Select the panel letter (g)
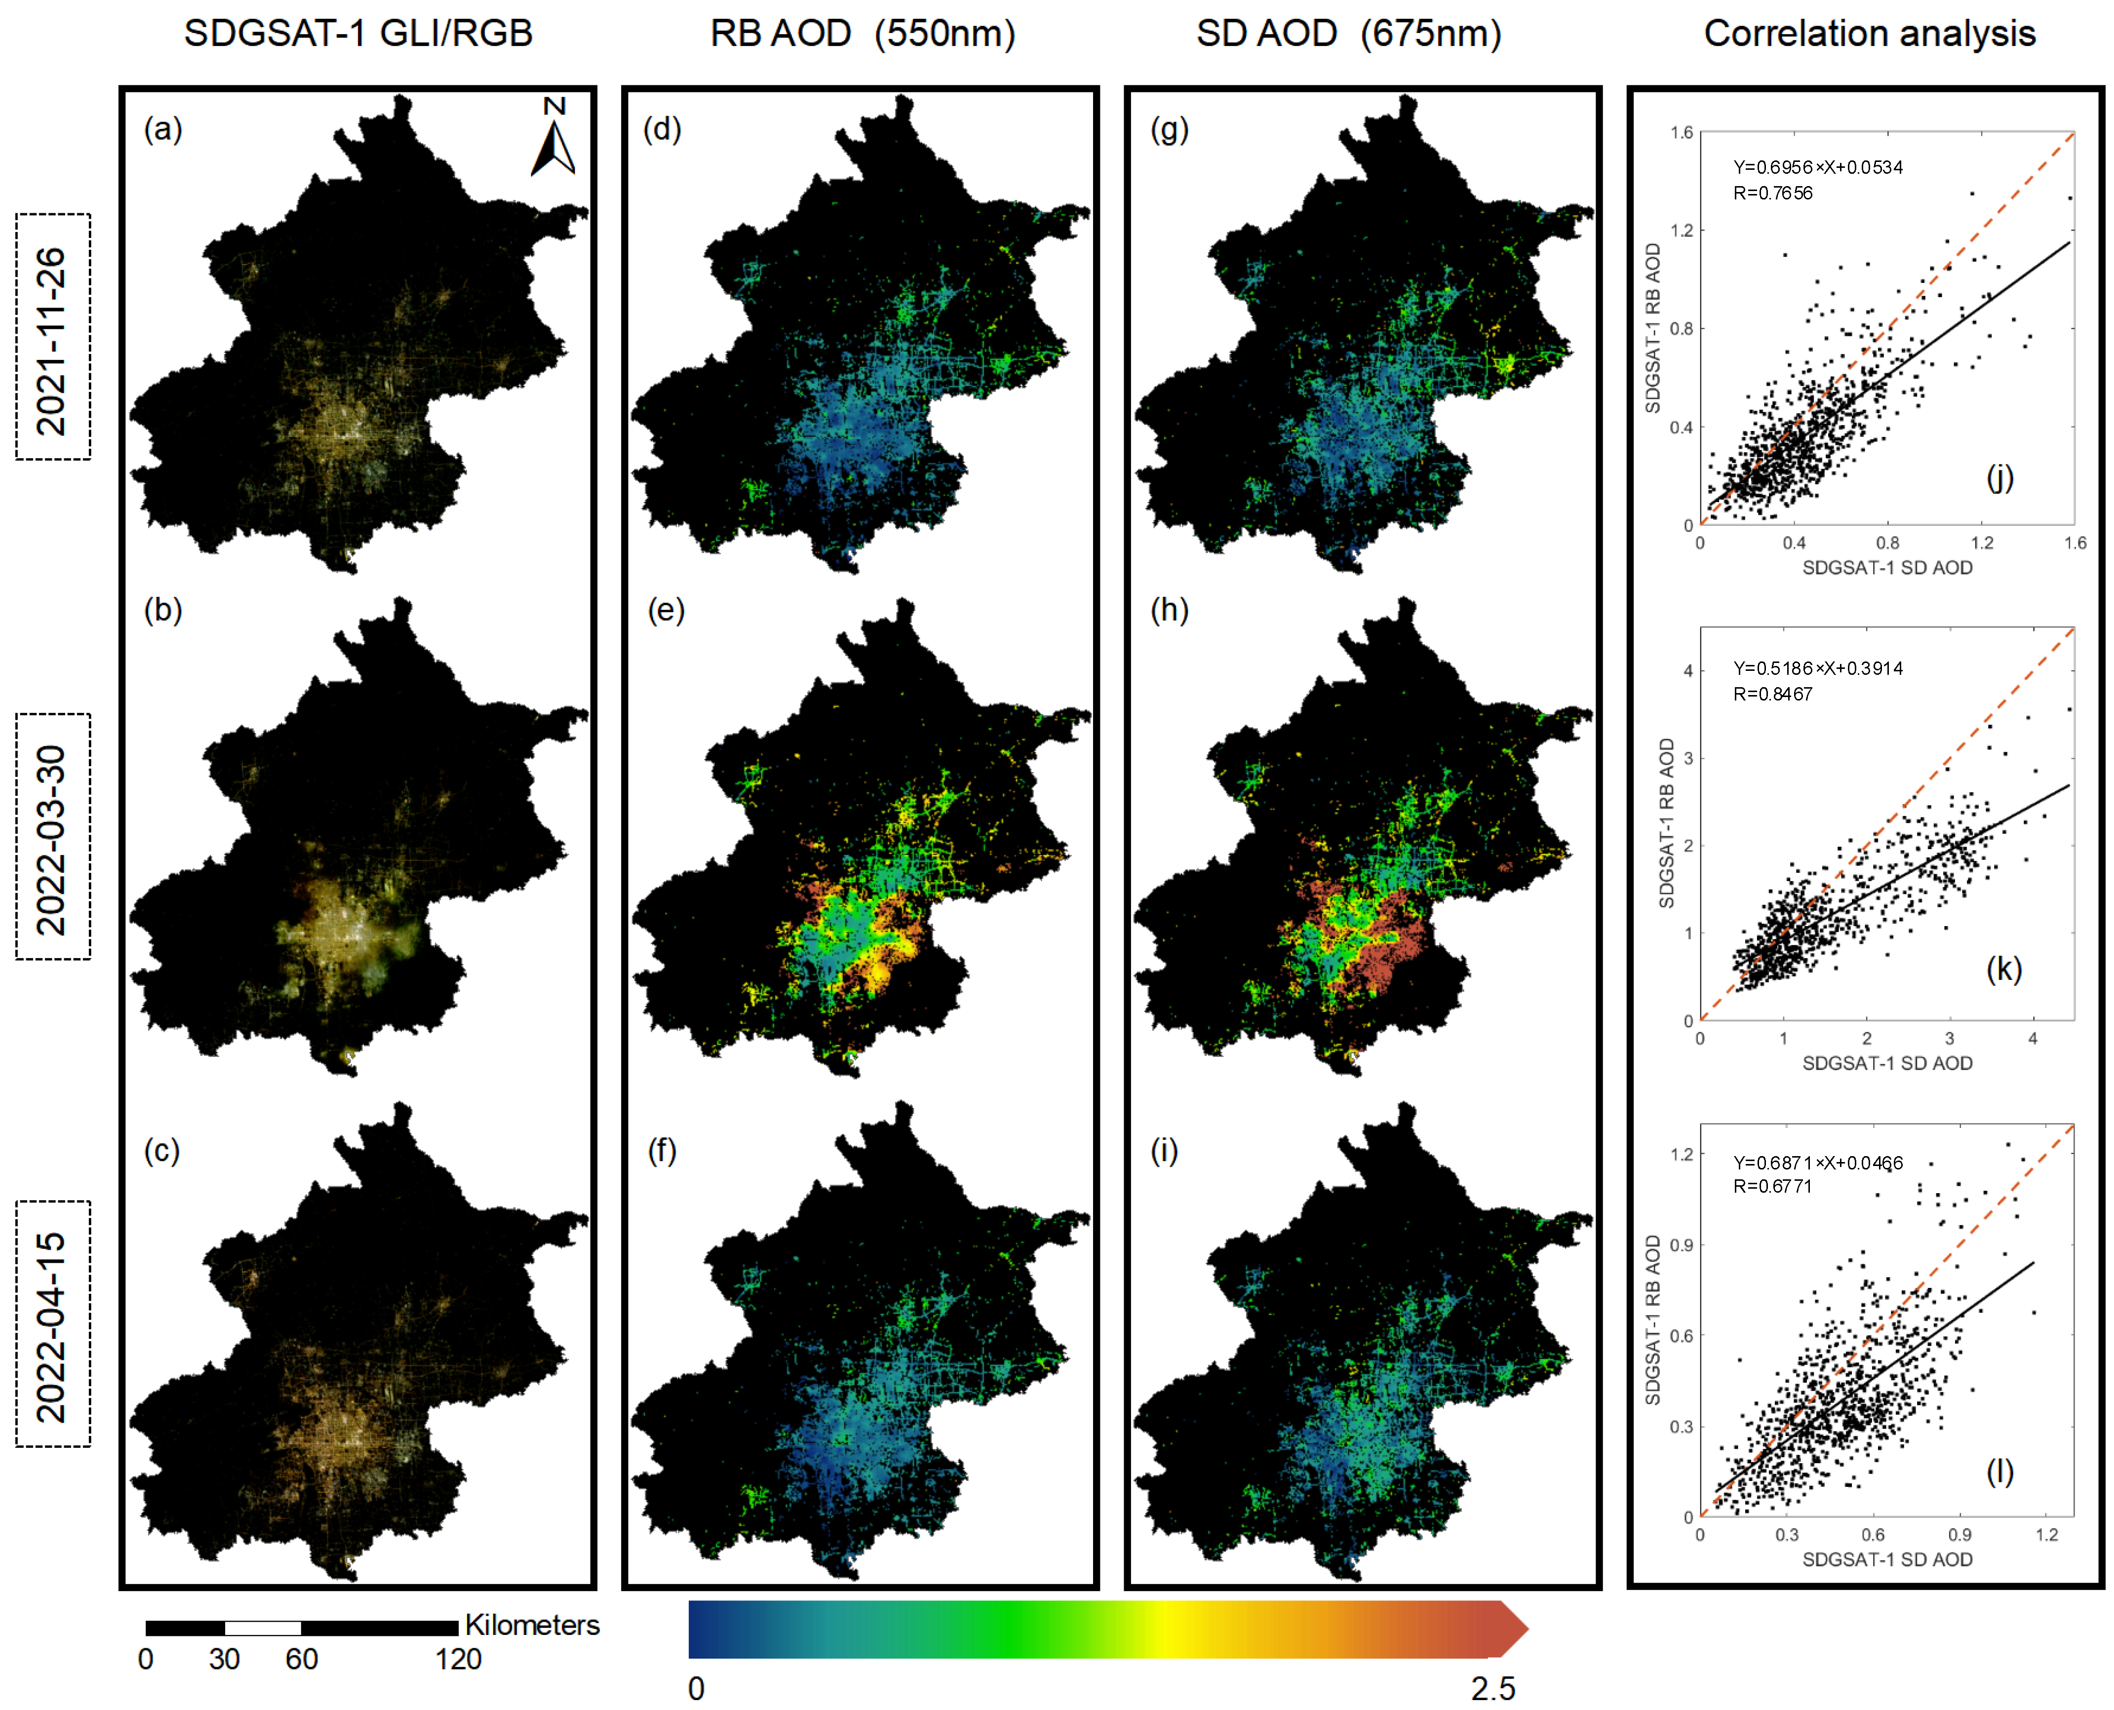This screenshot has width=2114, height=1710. (x=1169, y=129)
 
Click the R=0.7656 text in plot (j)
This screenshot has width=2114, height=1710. (x=1772, y=193)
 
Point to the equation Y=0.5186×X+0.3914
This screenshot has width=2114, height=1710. (x=1817, y=668)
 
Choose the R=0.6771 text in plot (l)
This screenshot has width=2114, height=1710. (x=1772, y=1186)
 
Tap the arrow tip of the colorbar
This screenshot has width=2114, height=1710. (x=1515, y=1629)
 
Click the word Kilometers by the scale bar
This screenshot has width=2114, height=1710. (x=532, y=1625)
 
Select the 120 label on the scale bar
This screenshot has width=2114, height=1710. (x=458, y=1660)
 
